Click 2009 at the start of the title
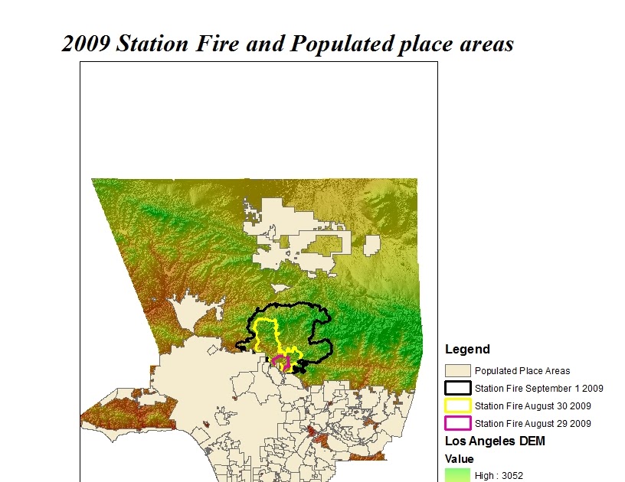click(85, 44)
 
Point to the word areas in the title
click(484, 44)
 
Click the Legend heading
click(467, 350)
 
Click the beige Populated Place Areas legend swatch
click(458, 370)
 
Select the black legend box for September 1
click(458, 388)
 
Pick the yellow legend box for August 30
click(458, 405)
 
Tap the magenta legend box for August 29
click(458, 423)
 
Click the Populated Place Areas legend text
click(522, 371)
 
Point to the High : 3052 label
click(499, 476)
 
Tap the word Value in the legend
click(460, 459)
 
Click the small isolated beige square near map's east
click(371, 245)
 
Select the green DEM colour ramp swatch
click(458, 476)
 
